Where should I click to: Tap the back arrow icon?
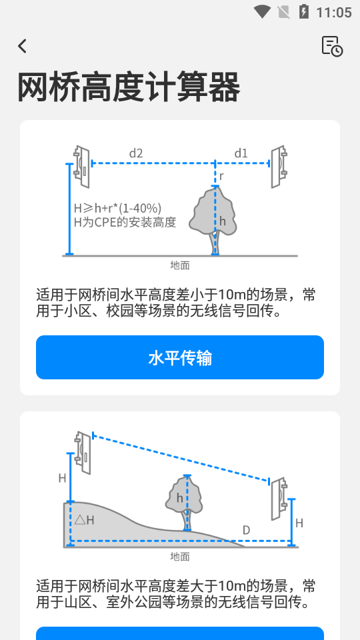click(x=23, y=46)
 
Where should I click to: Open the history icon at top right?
click(x=331, y=46)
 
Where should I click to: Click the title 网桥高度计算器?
click(x=128, y=87)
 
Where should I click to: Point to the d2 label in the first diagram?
click(x=136, y=153)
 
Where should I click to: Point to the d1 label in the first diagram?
click(x=241, y=153)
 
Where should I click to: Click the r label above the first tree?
click(x=221, y=176)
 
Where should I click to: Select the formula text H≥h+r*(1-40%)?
click(x=117, y=208)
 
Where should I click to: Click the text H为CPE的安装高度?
click(x=125, y=222)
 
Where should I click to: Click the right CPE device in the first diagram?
click(x=278, y=166)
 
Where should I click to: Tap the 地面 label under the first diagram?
click(x=180, y=265)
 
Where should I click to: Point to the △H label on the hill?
click(x=85, y=519)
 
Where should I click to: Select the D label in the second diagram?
click(x=246, y=531)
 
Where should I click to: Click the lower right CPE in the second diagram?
click(x=278, y=499)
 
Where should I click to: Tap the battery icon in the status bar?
click(x=304, y=12)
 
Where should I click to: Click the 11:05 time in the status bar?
click(x=333, y=12)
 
